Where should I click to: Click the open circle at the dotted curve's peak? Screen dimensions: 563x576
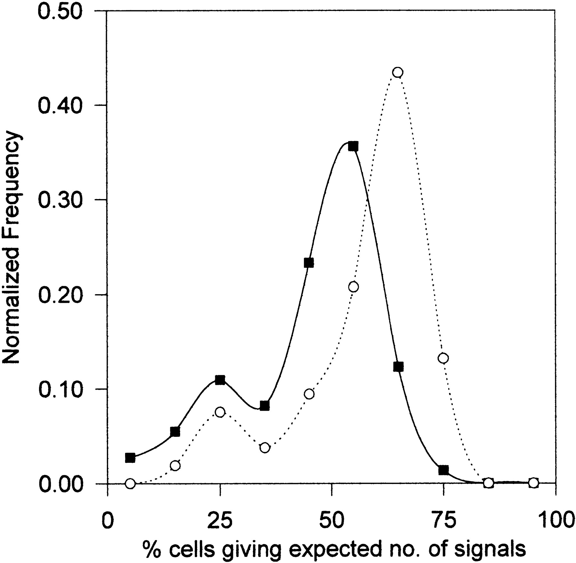click(x=397, y=72)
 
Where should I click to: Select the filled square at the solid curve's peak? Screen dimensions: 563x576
click(x=353, y=147)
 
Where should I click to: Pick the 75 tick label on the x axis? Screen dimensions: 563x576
click(x=443, y=521)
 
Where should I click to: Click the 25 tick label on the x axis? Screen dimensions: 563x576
click(x=220, y=521)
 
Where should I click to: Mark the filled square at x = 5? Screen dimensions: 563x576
click(x=130, y=458)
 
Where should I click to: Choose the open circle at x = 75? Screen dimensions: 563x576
click(x=443, y=358)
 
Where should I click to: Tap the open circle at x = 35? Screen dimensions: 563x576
click(x=264, y=447)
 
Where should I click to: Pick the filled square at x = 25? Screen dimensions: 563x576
click(x=220, y=380)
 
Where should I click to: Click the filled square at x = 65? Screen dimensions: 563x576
click(x=398, y=367)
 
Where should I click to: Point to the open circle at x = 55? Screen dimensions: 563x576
click(x=353, y=287)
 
